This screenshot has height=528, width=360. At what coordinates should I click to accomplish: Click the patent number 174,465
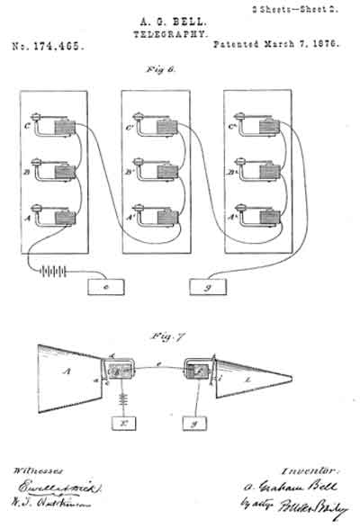click(x=47, y=43)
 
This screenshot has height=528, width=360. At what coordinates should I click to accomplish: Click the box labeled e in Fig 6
click(x=107, y=287)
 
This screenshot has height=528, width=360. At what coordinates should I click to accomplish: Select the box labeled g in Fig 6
click(x=209, y=287)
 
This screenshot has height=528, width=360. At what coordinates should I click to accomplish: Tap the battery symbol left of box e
click(x=53, y=270)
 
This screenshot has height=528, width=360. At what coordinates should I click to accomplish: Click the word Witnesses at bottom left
click(x=35, y=470)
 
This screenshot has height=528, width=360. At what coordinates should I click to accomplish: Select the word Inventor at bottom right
click(x=306, y=469)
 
